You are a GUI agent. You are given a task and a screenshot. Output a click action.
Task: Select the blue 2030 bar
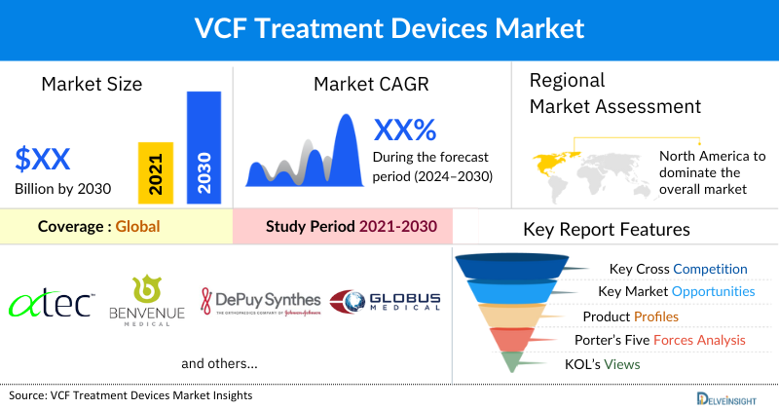(x=203, y=147)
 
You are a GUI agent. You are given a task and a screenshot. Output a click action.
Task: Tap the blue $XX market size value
(x=43, y=158)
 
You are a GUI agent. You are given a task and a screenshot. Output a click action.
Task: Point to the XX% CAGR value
(x=405, y=130)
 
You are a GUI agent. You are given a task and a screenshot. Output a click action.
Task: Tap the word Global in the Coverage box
(x=137, y=227)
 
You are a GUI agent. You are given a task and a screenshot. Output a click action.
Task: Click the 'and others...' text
(x=219, y=363)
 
